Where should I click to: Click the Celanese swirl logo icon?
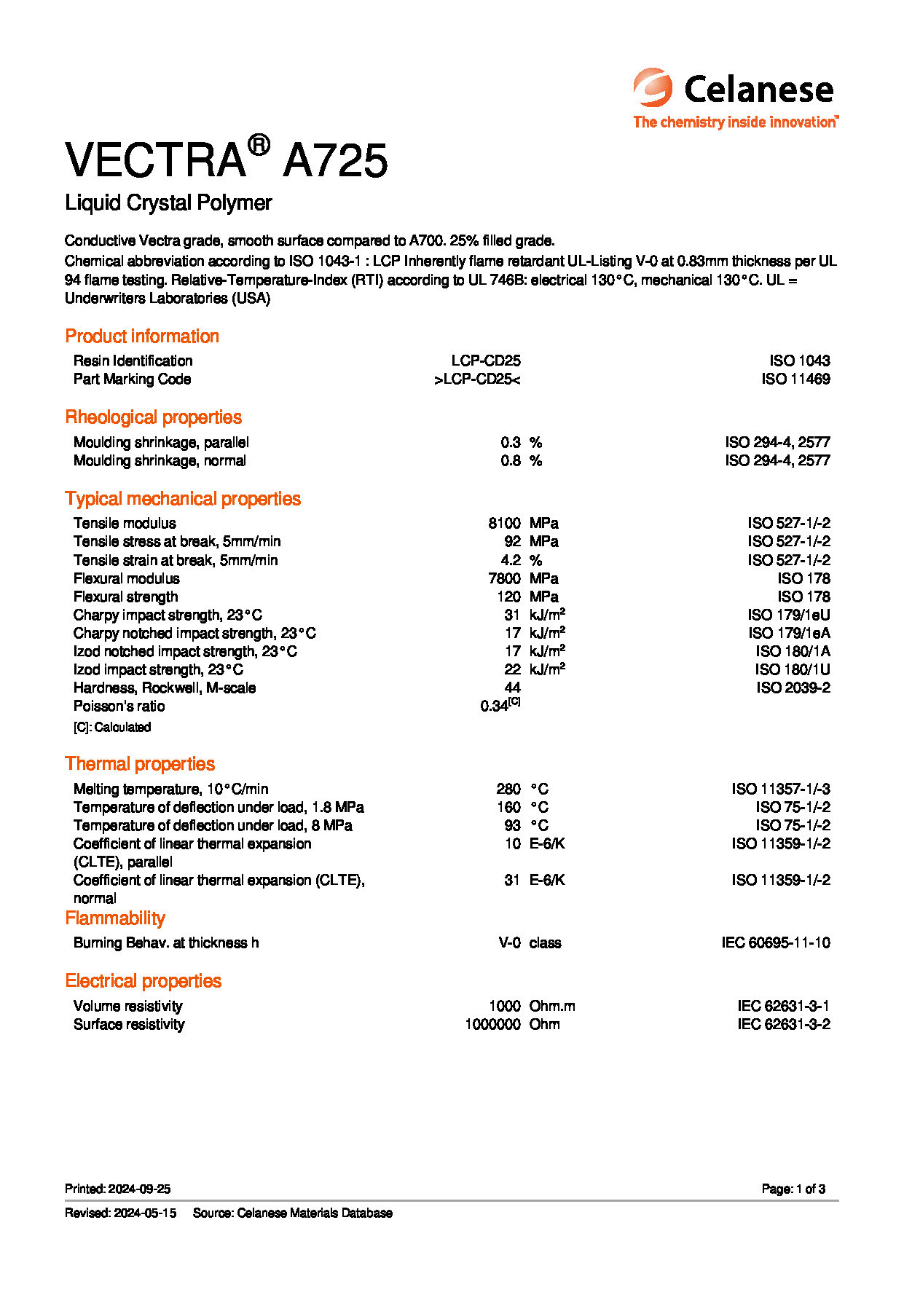[653, 88]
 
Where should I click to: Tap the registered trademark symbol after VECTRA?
[259, 146]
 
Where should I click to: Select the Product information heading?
[142, 336]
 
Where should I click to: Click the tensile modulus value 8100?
[504, 523]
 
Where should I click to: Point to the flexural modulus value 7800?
[504, 578]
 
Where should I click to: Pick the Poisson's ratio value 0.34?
[495, 706]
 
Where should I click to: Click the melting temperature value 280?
[508, 789]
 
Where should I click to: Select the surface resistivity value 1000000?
[492, 1024]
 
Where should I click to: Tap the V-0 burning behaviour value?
[509, 942]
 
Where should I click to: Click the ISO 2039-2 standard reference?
[793, 688]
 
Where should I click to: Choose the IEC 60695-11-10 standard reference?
[776, 942]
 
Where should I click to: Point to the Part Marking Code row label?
[132, 379]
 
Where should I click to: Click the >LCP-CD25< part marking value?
[477, 379]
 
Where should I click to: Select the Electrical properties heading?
[144, 980]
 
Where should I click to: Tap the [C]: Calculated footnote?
[112, 727]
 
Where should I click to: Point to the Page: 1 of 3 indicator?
[793, 1189]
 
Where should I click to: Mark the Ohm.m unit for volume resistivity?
[552, 1006]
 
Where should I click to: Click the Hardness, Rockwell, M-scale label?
[165, 688]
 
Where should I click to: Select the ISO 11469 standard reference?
[795, 379]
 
